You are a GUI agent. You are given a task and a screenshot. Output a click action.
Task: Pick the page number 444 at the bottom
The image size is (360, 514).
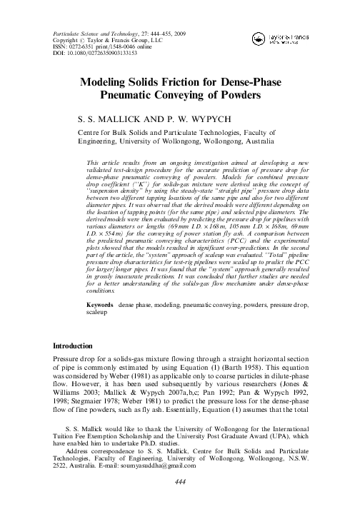pyautogui.click(x=179, y=501)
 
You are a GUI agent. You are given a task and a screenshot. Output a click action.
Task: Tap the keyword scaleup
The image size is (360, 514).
pyautogui.click(x=97, y=333)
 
